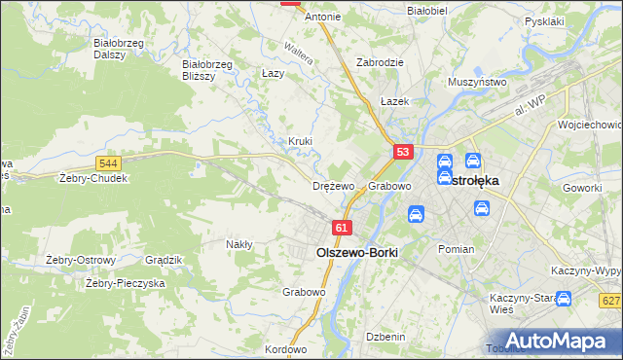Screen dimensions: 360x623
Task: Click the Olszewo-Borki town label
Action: pos(357,251)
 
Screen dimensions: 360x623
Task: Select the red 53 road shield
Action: pos(404,152)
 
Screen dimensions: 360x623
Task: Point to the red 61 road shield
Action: pos(341,228)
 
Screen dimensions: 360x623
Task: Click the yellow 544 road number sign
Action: pos(109,164)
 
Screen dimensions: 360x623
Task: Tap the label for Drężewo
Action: pos(333,185)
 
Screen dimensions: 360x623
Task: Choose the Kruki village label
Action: pos(300,141)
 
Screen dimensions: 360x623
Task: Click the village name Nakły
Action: pos(239,244)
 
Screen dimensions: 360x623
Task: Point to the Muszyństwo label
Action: pos(477,83)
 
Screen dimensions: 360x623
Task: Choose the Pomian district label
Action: pos(456,249)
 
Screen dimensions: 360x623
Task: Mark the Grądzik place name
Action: pos(164,260)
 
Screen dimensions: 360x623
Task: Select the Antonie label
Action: pos(323,17)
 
